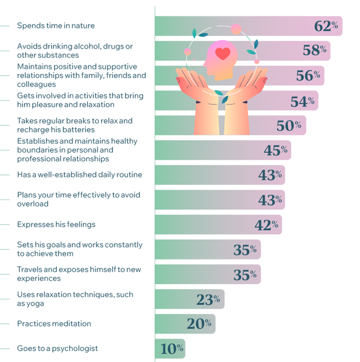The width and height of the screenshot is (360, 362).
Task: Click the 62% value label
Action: (326, 26)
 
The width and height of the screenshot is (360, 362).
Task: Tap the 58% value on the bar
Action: (314, 51)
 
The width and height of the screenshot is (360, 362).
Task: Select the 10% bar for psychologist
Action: (170, 349)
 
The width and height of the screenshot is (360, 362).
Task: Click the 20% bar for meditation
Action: (184, 324)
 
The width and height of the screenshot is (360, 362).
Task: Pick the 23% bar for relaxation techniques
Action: (189, 299)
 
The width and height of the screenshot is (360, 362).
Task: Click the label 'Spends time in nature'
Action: (56, 26)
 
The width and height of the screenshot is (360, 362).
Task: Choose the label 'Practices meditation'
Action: (54, 324)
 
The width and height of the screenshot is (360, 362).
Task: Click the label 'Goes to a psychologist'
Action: (57, 348)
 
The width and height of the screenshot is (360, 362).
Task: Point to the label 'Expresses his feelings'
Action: (56, 224)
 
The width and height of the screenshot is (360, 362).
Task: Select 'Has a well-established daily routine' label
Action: (80, 174)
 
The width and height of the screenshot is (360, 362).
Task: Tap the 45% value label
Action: (275, 150)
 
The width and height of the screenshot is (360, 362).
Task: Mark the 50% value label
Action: (289, 125)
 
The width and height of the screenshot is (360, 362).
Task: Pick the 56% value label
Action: (308, 76)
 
